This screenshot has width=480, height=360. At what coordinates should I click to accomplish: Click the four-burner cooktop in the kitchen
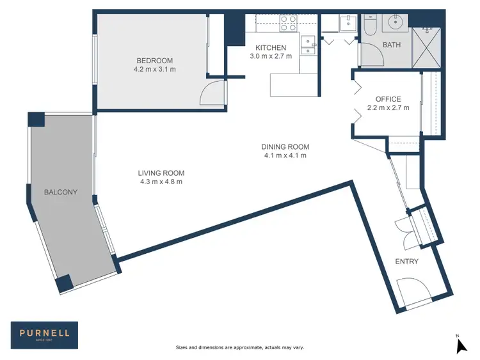[x=289, y=23]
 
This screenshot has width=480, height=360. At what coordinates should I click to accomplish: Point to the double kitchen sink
[x=308, y=43]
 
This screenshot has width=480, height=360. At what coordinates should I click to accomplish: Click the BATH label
[x=391, y=45]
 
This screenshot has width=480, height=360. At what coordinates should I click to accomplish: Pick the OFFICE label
[x=388, y=99]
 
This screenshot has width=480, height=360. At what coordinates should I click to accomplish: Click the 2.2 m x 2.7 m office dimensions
[x=388, y=108]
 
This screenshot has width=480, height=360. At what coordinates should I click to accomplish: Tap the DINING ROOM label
[x=285, y=146]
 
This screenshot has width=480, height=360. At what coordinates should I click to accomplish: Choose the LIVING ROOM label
[x=161, y=173]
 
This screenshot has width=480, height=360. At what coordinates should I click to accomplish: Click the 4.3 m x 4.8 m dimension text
[x=161, y=182]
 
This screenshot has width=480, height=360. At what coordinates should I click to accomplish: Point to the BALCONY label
[x=61, y=192]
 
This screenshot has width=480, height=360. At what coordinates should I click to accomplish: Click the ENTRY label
[x=406, y=262]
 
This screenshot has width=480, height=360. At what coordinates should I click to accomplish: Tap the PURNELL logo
[x=44, y=333]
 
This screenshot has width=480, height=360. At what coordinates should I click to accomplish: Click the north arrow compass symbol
[x=460, y=345]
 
